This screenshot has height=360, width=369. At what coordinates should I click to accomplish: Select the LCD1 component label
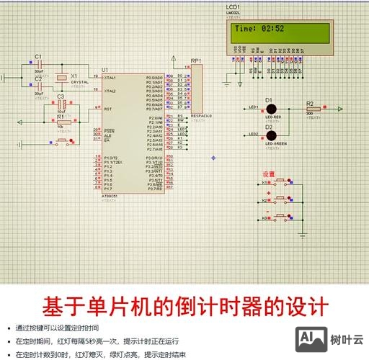232,6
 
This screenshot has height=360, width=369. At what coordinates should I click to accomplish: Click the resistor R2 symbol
313,109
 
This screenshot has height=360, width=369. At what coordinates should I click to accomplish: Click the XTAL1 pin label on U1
110,77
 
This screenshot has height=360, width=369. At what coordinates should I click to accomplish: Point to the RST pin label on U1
107,109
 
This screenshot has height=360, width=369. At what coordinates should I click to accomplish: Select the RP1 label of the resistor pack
195,60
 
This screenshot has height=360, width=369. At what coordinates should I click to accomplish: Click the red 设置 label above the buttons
269,174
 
